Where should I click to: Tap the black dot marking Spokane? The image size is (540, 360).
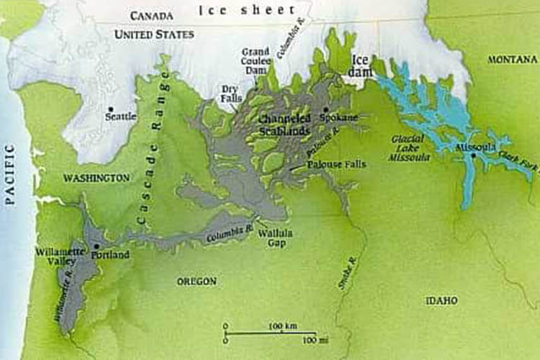pos(326,109)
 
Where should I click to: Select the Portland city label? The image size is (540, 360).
pos(111,255)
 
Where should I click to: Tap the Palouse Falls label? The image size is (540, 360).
pos(336,164)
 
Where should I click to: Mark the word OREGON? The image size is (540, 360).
pos(196,282)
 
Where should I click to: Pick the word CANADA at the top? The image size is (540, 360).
pos(152,15)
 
